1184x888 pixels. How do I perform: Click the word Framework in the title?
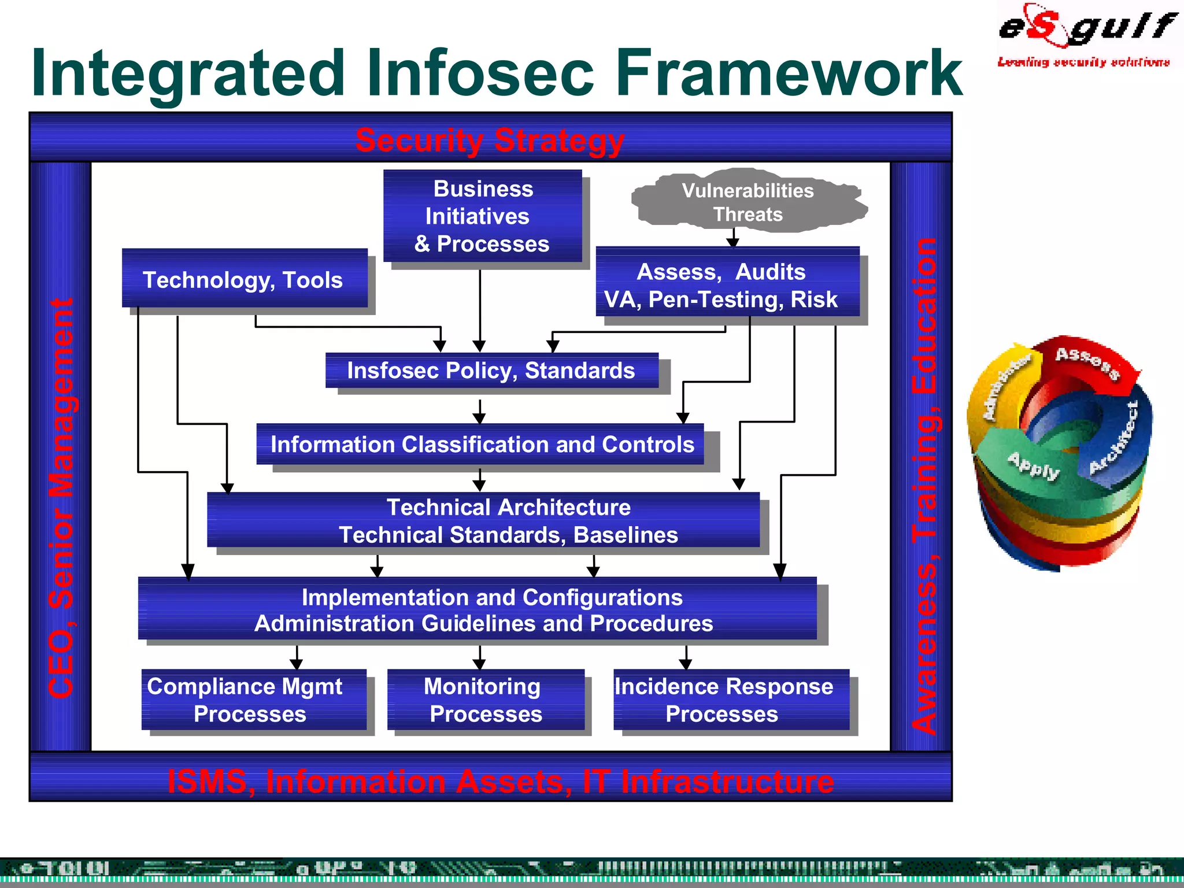[789, 74]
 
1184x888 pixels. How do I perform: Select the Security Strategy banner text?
[490, 140]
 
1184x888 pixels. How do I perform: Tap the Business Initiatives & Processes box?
[483, 216]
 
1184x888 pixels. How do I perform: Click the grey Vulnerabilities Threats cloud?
[748, 202]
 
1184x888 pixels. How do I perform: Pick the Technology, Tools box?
[245, 279]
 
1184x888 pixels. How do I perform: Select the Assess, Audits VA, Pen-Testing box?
[727, 284]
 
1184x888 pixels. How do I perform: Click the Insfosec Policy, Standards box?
[491, 371]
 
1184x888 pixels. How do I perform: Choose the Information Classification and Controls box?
[481, 444]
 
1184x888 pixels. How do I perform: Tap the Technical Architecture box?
[483, 520]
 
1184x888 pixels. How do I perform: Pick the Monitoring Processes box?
[484, 700]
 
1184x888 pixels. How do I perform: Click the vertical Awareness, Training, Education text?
[923, 486]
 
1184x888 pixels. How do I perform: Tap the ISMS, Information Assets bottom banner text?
[501, 782]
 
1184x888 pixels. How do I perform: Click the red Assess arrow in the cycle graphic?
[1087, 361]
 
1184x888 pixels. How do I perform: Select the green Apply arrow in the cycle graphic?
[1035, 465]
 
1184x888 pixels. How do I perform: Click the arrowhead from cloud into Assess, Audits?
[733, 242]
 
